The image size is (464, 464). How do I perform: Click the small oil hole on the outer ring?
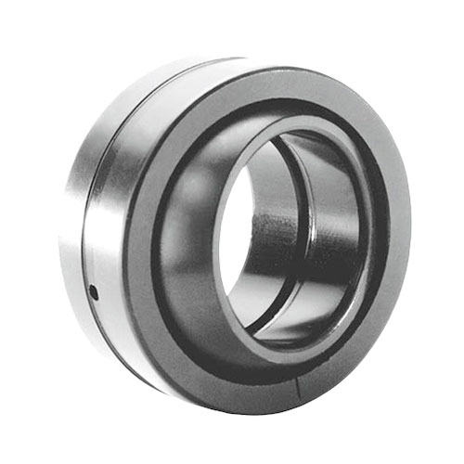(x=93, y=294)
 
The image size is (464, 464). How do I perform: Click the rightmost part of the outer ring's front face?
(x=401, y=232)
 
